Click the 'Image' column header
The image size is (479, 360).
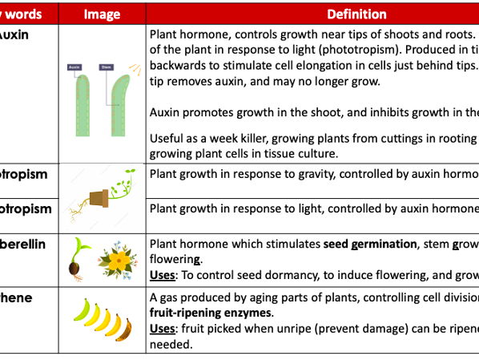tap(103, 14)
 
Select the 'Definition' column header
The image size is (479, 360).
tap(356, 14)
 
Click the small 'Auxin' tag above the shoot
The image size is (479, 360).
tap(74, 67)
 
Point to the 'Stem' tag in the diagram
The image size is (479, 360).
tap(106, 67)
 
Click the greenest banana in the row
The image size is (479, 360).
tap(83, 310)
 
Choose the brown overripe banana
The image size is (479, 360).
tap(123, 329)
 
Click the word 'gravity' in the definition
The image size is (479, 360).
tap(309, 174)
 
